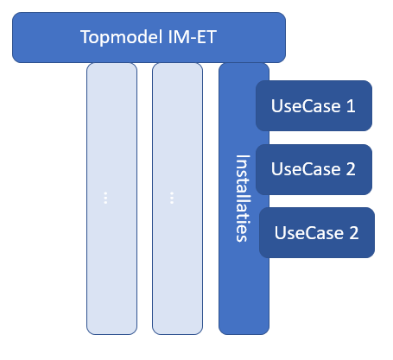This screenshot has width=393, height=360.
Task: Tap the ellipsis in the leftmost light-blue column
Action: coord(105,198)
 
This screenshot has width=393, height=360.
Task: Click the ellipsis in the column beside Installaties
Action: coord(172,198)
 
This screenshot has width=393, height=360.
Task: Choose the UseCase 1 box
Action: coord(313,106)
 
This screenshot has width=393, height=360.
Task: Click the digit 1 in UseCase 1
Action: coord(350,106)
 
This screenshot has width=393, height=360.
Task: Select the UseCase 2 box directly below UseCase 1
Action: coord(313,169)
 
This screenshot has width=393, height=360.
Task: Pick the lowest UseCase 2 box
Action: coord(316,232)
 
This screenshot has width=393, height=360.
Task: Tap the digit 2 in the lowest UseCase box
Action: coord(354,232)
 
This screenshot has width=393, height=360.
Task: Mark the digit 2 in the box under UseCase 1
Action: coord(351,169)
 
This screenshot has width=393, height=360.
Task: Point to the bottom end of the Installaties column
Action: coord(244,328)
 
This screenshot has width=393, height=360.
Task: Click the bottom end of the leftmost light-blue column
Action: coord(111,328)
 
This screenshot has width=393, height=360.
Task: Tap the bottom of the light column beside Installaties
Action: coord(177,328)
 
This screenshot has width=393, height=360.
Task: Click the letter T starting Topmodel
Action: coord(84,37)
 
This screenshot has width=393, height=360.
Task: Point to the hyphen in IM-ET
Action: coord(187,38)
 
